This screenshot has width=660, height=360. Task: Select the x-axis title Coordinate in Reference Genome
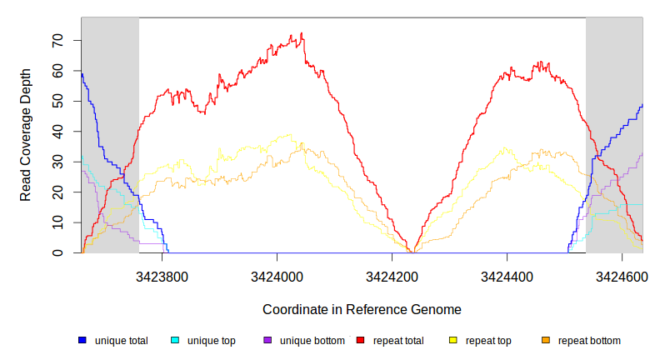(x=362, y=309)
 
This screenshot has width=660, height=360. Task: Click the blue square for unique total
(x=82, y=341)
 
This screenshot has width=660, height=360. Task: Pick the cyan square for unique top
(x=175, y=341)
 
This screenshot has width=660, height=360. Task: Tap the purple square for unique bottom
(x=267, y=341)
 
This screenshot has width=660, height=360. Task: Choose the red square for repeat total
(x=360, y=341)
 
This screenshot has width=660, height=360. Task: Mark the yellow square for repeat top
(x=453, y=341)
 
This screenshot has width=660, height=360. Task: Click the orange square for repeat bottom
(x=546, y=341)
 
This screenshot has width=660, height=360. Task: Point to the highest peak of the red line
(x=302, y=34)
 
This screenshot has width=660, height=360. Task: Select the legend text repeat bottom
(x=589, y=341)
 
